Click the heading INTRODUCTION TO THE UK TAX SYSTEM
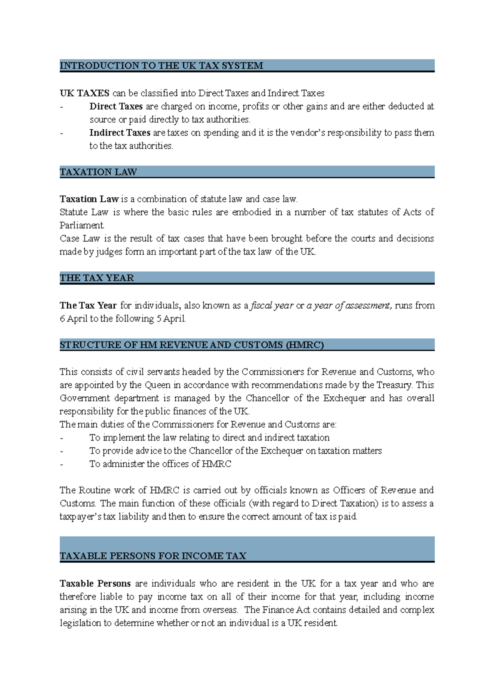click(161, 66)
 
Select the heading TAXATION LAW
click(98, 172)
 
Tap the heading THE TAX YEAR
click(97, 278)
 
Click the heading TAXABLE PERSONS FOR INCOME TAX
click(153, 556)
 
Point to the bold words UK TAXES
click(84, 93)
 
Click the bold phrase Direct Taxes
click(116, 107)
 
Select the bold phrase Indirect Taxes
click(120, 133)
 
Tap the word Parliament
click(82, 226)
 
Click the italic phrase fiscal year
click(272, 306)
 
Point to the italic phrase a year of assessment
click(349, 306)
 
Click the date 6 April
click(73, 319)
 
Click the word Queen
click(157, 385)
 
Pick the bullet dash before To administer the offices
click(62, 464)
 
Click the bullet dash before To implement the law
click(62, 438)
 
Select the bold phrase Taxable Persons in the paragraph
click(95, 584)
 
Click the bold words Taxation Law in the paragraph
click(89, 199)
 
